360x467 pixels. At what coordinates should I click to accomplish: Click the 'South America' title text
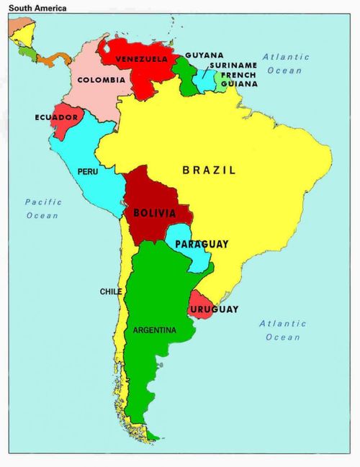point(37,9)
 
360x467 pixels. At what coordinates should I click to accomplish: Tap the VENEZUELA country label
point(142,58)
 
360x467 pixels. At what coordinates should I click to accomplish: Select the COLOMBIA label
point(101,80)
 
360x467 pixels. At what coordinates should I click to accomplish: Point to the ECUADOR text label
point(56,117)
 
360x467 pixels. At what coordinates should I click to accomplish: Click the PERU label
point(88,172)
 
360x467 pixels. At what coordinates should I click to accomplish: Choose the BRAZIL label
point(209,171)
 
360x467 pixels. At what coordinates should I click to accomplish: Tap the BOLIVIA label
point(153,214)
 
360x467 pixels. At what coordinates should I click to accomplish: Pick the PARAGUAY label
point(202,245)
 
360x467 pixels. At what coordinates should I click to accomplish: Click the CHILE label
point(110,291)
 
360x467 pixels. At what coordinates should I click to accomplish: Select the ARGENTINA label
point(154,330)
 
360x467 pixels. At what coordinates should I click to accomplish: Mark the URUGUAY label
point(214,309)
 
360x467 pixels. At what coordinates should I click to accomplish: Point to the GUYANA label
point(204,55)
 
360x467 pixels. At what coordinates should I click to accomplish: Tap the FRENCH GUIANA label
point(238,79)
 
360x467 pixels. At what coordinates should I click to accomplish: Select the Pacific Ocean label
point(43,209)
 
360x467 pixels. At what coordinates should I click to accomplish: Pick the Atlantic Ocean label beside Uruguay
point(283,330)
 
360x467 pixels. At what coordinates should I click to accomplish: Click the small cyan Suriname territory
point(206,81)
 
